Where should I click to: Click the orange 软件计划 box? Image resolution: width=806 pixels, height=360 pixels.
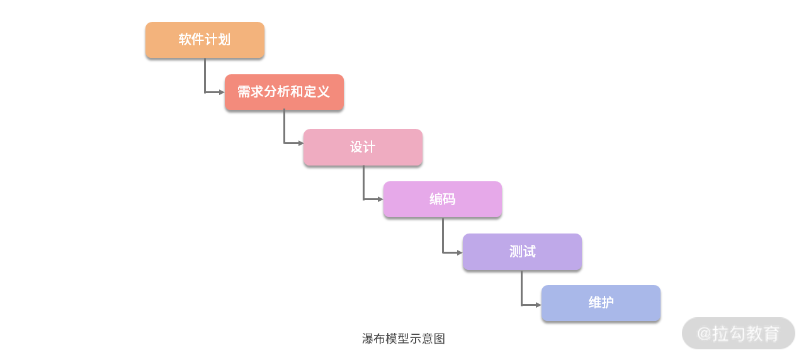[205, 40]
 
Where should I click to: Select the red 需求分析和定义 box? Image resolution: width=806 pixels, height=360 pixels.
[284, 93]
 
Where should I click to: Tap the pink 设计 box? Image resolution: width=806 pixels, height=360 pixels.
[363, 147]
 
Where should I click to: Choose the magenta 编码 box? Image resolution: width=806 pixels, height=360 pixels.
[443, 200]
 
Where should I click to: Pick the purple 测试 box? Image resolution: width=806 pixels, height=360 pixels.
[522, 252]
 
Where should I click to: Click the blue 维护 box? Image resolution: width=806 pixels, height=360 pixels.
[601, 303]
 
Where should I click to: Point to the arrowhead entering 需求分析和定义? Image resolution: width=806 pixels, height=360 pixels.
[222, 93]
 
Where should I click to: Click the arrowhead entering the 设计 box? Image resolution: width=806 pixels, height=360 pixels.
[300, 143]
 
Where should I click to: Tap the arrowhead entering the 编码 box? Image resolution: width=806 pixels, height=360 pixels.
[380, 200]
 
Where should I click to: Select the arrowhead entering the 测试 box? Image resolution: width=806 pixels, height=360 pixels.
[460, 252]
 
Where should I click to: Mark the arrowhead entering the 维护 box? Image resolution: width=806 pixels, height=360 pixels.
[538, 305]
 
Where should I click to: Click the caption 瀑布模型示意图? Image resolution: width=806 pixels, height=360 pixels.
[404, 339]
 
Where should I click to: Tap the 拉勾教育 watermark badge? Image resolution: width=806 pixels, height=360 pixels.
[739, 333]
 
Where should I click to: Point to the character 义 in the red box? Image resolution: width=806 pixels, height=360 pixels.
[324, 92]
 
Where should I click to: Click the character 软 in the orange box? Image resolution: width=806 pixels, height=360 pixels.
[185, 40]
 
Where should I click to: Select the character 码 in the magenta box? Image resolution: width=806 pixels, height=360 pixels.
[449, 200]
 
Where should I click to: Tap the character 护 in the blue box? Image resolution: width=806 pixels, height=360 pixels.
[608, 303]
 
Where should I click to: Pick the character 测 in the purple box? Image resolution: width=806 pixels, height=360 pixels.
[516, 252]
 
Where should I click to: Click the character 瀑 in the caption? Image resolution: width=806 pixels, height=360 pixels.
[368, 339]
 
